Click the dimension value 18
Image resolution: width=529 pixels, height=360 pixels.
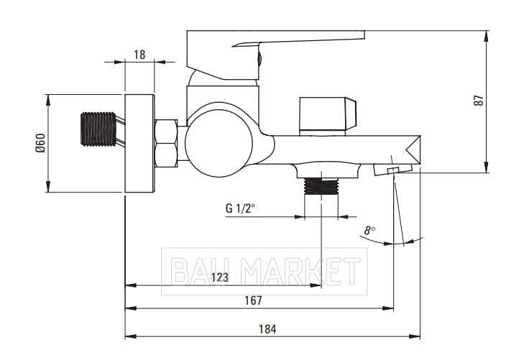(139, 55)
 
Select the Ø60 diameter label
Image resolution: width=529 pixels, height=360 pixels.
(40, 143)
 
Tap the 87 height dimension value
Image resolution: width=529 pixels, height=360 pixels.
(479, 101)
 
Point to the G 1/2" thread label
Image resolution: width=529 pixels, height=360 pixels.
(239, 208)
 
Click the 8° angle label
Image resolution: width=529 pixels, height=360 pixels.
(369, 231)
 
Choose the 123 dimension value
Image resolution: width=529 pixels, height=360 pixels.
(220, 277)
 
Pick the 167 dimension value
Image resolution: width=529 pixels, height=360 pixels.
(253, 300)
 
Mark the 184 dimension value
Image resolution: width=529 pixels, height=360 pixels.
(267, 329)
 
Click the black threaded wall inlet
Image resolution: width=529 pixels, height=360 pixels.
(98, 129)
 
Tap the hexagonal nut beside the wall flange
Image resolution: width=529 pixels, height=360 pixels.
(165, 143)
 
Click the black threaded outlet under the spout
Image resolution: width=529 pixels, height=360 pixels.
(321, 186)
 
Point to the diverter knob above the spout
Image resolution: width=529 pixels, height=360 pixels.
(327, 116)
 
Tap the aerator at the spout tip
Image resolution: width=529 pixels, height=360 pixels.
(393, 169)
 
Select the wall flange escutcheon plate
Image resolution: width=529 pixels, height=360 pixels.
(139, 144)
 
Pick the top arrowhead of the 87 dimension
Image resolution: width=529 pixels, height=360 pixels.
(486, 36)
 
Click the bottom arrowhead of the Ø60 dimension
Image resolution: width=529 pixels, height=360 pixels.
(48, 187)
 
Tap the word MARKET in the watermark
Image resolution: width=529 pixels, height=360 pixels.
(301, 271)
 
